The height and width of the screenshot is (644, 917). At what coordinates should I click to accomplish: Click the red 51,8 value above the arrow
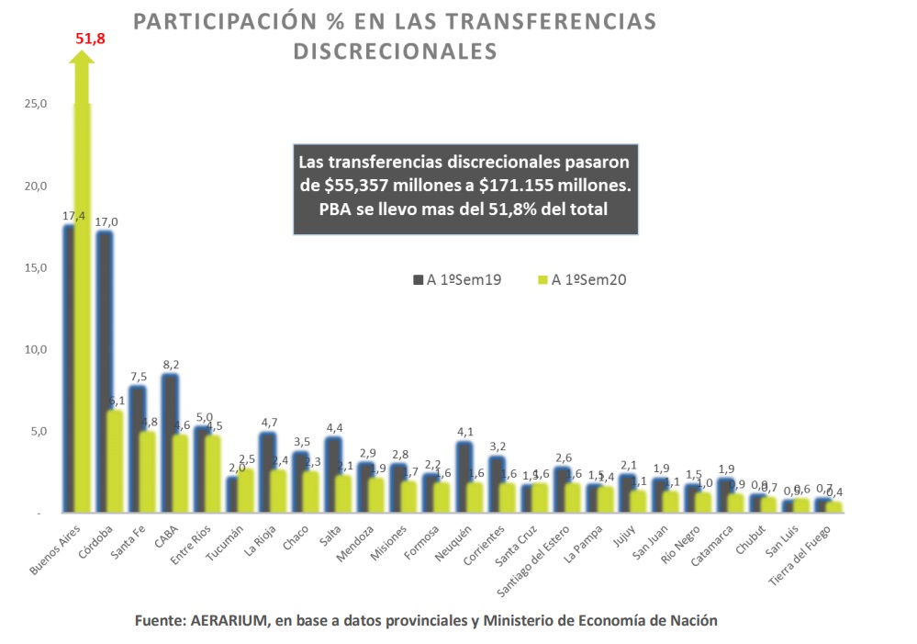coord(91,40)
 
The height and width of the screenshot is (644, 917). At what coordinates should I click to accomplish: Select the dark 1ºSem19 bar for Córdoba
coord(104,367)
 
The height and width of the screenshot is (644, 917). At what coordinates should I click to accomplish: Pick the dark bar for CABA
coord(169,441)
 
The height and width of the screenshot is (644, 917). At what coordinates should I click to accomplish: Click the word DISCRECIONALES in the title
coord(395,51)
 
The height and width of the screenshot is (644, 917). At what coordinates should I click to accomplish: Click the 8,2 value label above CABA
coord(172,364)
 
